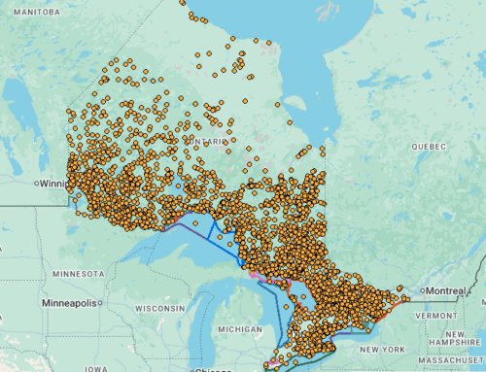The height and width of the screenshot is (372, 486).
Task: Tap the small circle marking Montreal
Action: coord(422,292)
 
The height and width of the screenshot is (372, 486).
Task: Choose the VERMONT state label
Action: coord(443,317)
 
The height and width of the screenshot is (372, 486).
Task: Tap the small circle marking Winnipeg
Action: coord(34,183)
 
